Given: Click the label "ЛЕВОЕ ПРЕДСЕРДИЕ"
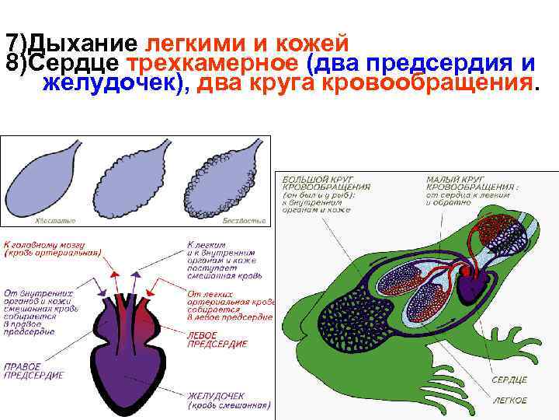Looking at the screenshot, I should [x=218, y=339].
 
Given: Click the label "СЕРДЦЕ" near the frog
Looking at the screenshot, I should [x=509, y=380].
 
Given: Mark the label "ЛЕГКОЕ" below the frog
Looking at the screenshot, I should [x=509, y=400].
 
